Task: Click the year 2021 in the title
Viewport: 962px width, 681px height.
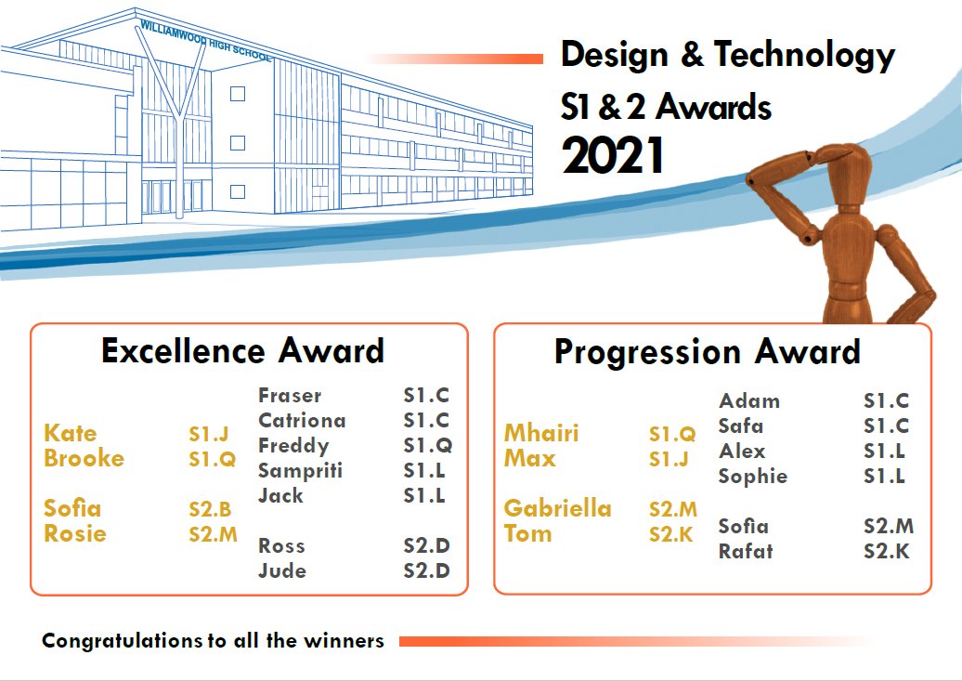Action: click(613, 155)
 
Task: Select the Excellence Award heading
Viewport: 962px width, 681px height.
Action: click(242, 351)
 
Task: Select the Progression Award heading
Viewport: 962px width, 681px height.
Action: click(707, 352)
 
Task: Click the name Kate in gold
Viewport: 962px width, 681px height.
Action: click(70, 433)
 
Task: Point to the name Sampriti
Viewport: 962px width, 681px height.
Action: click(300, 470)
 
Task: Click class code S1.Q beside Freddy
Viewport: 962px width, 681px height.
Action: click(427, 445)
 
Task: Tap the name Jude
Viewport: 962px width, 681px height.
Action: click(281, 570)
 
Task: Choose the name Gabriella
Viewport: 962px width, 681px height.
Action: click(557, 508)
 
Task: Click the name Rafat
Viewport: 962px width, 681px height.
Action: click(745, 551)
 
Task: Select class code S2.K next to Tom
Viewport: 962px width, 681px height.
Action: click(671, 534)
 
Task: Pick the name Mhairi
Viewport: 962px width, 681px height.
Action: click(541, 433)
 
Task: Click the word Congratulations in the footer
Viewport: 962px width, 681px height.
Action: click(122, 641)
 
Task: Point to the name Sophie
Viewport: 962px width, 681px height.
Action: click(752, 476)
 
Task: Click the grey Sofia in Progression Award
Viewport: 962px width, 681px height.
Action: click(743, 526)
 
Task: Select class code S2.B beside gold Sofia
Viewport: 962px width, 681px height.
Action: click(210, 509)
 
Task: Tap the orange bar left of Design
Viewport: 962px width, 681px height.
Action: click(464, 59)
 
